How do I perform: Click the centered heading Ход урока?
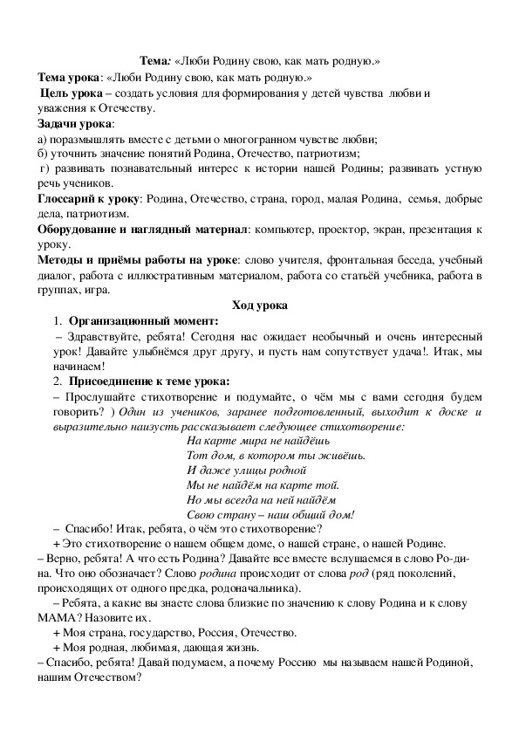(259, 306)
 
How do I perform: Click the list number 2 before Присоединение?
(55, 381)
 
